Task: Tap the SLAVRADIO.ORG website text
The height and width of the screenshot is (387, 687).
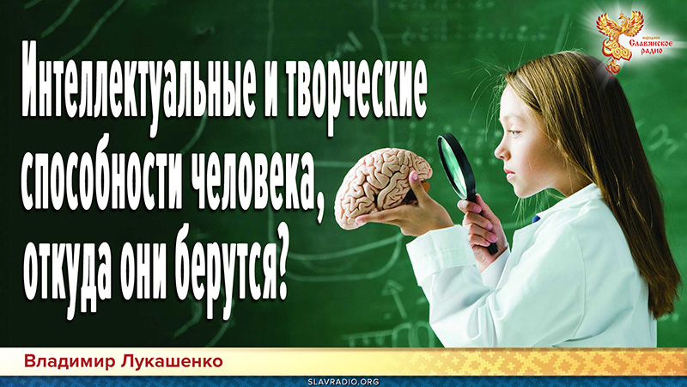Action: pos(343,379)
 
